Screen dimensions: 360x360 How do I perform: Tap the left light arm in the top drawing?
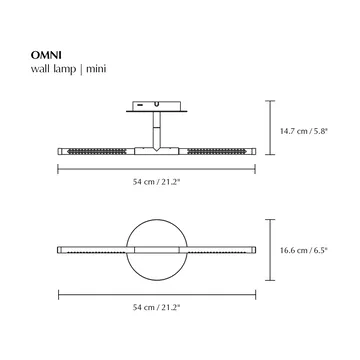pos(100,149)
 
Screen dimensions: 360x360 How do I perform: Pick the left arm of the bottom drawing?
pos(90,248)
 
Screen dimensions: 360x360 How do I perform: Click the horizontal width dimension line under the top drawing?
pos(100,170)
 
